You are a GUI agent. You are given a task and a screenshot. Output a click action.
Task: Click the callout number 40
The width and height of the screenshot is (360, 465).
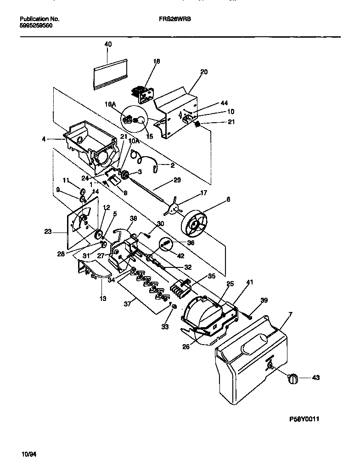click(108, 44)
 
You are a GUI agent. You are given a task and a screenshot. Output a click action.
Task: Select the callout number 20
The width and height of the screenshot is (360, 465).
click(204, 72)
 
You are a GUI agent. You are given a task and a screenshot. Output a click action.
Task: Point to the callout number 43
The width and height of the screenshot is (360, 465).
click(315, 378)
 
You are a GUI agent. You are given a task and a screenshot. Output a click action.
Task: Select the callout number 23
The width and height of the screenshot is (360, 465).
click(48, 232)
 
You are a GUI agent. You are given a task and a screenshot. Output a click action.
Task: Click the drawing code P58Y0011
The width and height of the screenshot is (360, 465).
click(304, 419)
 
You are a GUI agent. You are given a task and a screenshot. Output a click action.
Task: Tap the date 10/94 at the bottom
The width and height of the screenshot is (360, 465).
click(28, 454)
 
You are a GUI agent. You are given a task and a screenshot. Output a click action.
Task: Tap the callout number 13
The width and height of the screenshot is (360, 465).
click(103, 298)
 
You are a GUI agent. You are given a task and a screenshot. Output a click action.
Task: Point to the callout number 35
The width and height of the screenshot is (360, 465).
click(211, 277)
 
